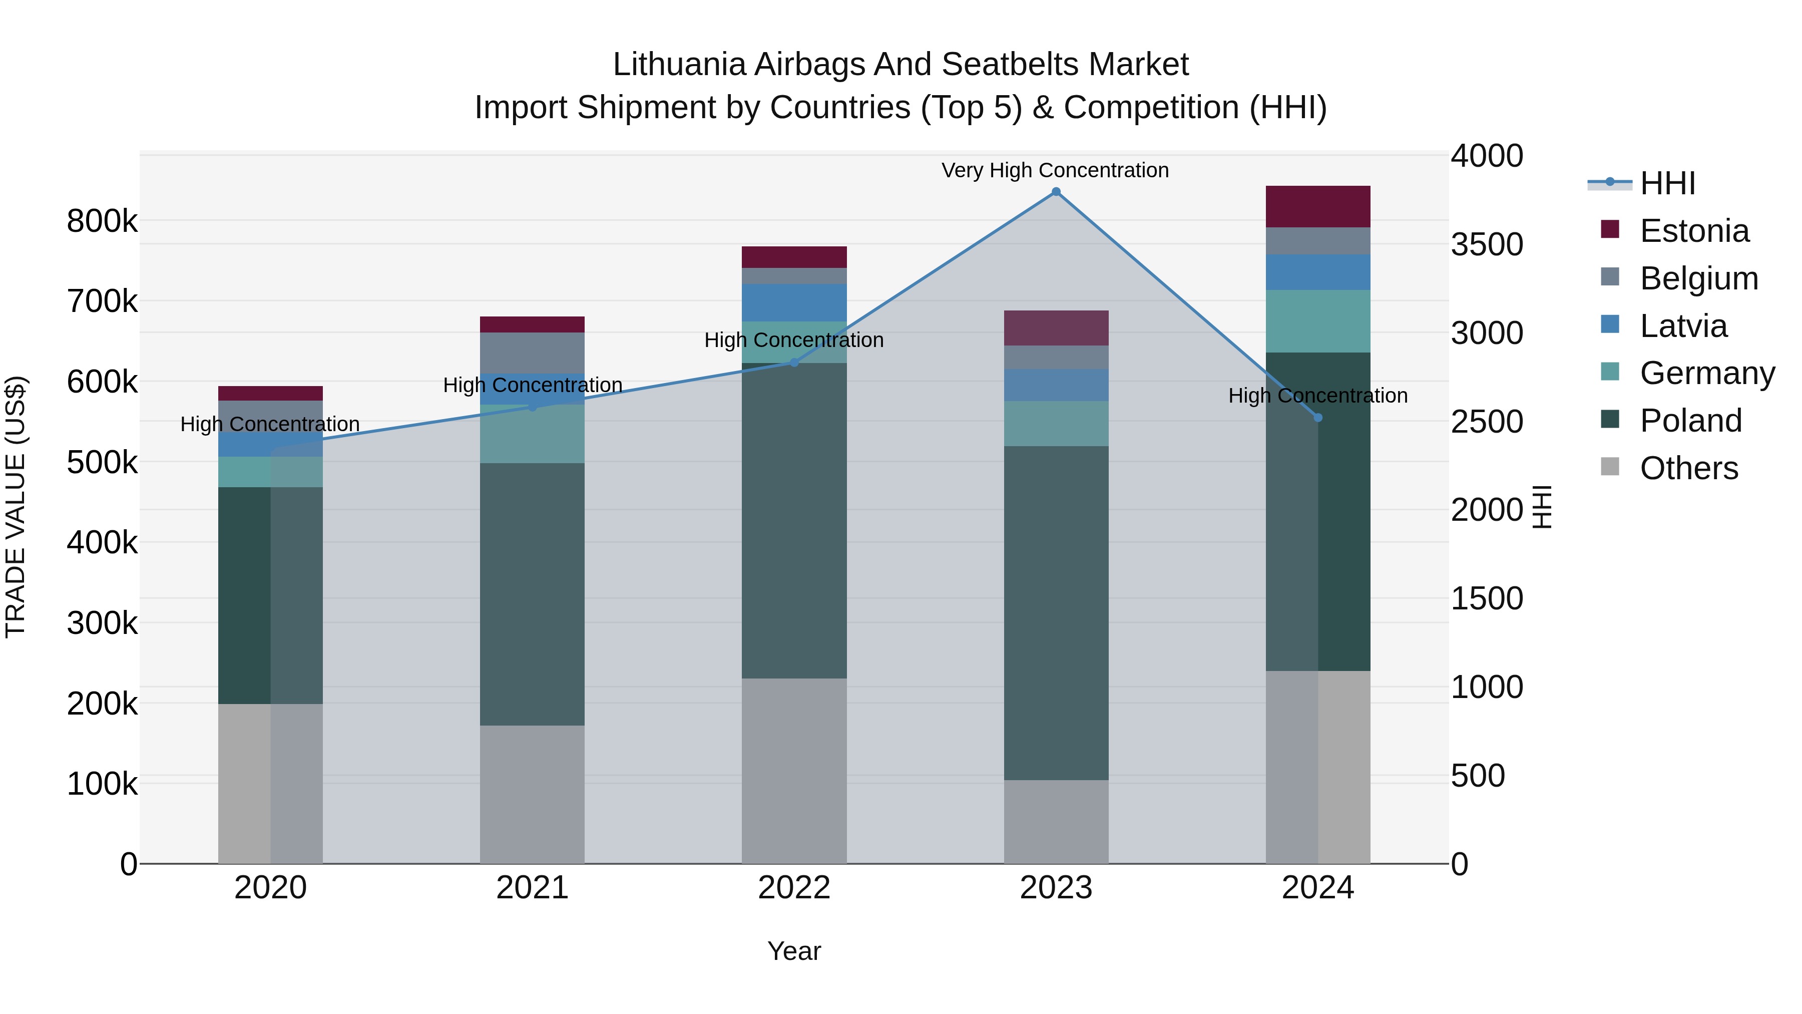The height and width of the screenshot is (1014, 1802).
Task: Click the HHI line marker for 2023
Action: coord(1056,192)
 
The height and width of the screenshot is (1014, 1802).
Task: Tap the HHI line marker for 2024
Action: coord(1318,418)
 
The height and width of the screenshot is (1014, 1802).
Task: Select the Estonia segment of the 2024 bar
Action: coord(1318,206)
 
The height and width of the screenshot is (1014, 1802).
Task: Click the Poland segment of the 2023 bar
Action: coord(1056,612)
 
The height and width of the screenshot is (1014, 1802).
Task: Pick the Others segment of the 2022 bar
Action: coord(794,770)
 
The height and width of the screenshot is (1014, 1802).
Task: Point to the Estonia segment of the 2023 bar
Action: coord(1056,327)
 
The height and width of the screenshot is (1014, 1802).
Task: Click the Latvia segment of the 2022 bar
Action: coord(794,302)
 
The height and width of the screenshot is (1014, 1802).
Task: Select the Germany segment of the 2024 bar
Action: coord(1318,320)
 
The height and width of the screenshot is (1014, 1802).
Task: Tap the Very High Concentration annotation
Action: coord(1055,171)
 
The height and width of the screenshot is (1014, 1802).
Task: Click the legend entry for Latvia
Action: coord(1683,326)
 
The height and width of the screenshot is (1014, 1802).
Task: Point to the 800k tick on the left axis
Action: coord(102,222)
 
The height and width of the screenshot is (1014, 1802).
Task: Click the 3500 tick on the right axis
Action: coord(1487,245)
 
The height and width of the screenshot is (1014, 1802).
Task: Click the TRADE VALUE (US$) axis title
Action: coord(16,507)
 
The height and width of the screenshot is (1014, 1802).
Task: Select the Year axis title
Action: coord(794,951)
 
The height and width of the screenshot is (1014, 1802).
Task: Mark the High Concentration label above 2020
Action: coord(270,424)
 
